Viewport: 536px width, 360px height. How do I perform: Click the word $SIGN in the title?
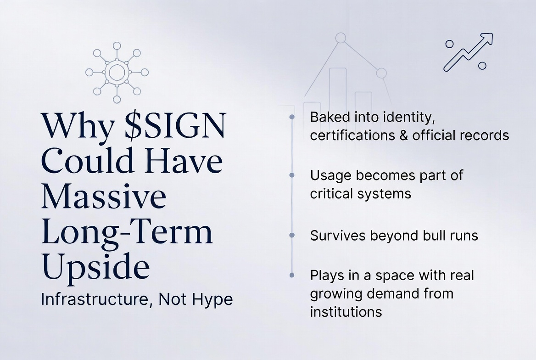coord(175,125)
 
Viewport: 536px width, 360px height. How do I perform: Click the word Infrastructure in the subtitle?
coord(95,299)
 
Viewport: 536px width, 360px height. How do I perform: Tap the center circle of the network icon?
coord(117,72)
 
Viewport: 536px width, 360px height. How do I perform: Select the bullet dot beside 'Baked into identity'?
coord(292,117)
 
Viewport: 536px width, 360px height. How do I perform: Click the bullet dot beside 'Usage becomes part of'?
coord(292,175)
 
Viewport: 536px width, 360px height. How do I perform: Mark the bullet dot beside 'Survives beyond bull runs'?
coord(292,235)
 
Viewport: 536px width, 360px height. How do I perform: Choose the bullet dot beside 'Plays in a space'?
coord(292,275)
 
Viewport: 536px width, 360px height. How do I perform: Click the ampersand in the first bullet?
coord(404,135)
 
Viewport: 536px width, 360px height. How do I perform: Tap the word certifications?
coord(352,135)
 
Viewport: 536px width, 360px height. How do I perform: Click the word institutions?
coord(346,312)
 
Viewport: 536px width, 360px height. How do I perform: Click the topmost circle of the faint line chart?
coord(341,38)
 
